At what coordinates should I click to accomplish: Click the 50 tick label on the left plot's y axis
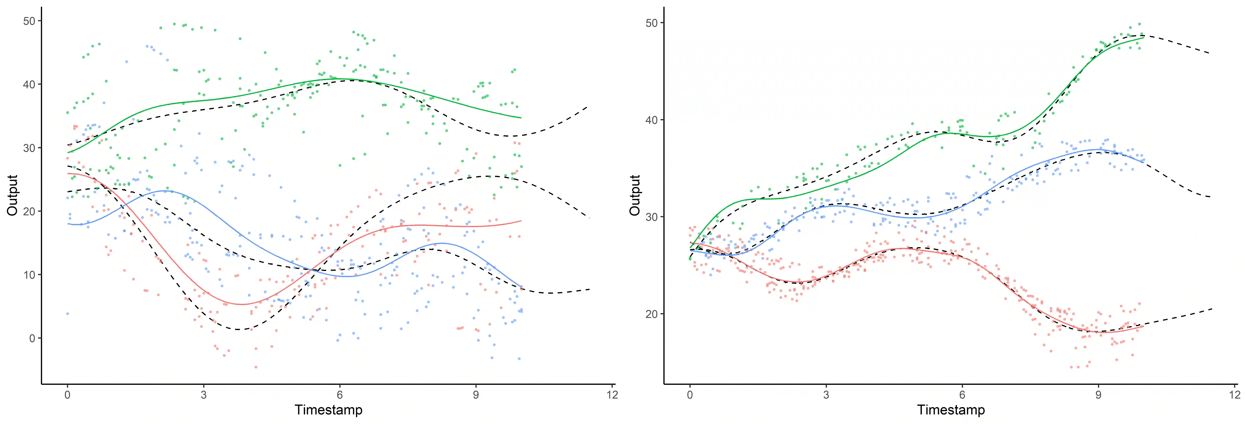[29, 21]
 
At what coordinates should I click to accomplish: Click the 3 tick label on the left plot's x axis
[204, 395]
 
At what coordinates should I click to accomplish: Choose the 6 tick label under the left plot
[340, 395]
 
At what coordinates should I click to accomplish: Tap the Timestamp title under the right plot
[951, 410]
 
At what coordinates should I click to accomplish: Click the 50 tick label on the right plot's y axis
[652, 23]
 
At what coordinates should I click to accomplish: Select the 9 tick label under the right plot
[1098, 395]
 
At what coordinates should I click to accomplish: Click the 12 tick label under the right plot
[1234, 395]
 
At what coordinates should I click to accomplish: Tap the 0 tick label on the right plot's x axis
[690, 395]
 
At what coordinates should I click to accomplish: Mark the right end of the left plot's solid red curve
[521, 221]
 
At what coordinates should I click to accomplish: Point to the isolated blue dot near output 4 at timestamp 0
[68, 314]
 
